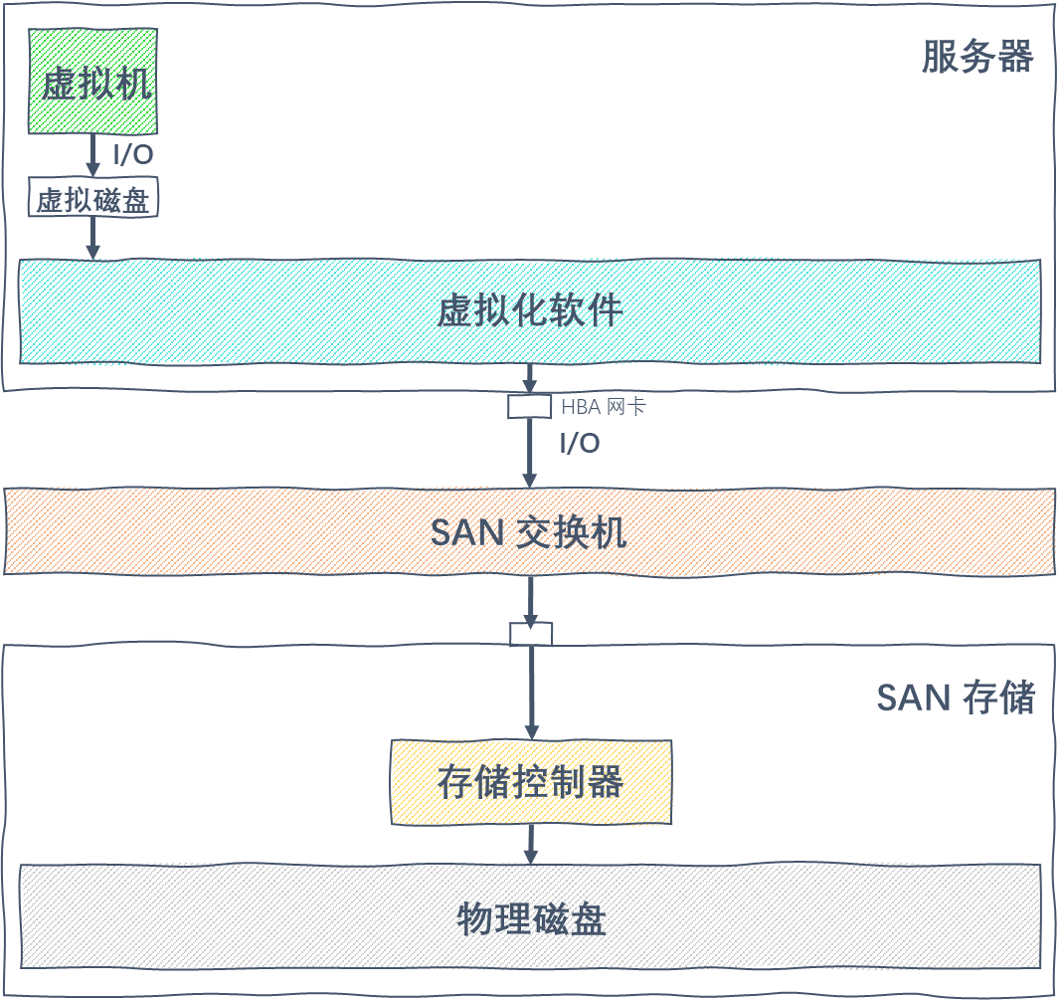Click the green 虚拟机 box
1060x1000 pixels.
tap(92, 82)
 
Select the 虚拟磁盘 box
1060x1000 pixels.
tap(92, 198)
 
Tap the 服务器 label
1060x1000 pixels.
tap(976, 56)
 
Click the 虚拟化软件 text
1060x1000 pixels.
tap(529, 310)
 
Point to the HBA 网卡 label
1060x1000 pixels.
tap(603, 407)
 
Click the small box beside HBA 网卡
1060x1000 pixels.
tap(529, 406)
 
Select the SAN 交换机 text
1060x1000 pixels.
tap(529, 532)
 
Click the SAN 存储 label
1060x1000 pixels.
tap(956, 698)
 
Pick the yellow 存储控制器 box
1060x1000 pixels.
tap(531, 782)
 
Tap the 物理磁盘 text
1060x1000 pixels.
tap(531, 918)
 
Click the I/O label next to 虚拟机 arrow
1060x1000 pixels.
tap(133, 155)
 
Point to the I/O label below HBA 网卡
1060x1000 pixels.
tap(580, 444)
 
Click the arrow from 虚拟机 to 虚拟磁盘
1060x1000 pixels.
tap(93, 155)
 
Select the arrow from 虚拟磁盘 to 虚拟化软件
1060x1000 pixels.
tap(93, 238)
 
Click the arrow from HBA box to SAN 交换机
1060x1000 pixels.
tap(530, 453)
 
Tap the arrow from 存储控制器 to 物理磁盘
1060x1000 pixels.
tap(531, 845)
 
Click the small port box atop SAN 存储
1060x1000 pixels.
tap(531, 634)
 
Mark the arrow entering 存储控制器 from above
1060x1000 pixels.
tap(531, 693)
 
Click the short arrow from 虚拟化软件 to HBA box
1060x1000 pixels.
tap(529, 379)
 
